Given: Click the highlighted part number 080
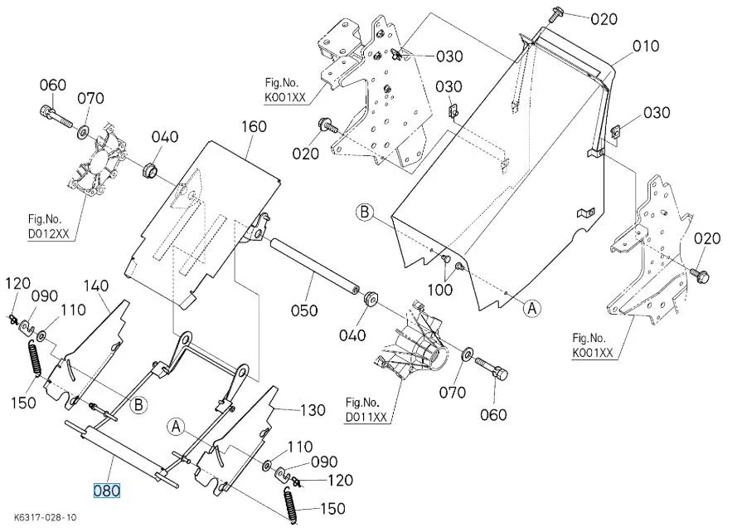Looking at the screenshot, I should [108, 490].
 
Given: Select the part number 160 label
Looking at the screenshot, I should [254, 127].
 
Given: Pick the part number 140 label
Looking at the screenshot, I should [96, 286].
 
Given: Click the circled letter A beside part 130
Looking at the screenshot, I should [176, 426].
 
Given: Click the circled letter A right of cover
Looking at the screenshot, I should [532, 306].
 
